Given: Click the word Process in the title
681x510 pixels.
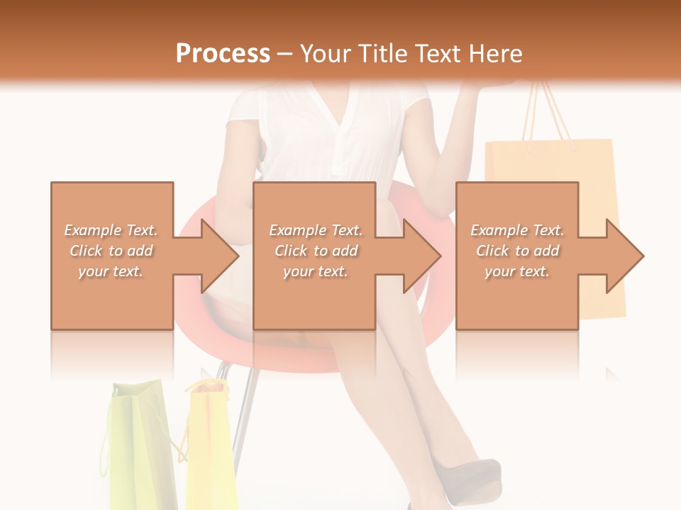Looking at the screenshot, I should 223,53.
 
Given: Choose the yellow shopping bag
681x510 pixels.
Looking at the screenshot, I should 210,446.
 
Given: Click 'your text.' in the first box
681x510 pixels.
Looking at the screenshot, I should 111,271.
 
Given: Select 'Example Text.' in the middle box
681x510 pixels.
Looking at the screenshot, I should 316,230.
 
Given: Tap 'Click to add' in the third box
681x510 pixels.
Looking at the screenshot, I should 518,251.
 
